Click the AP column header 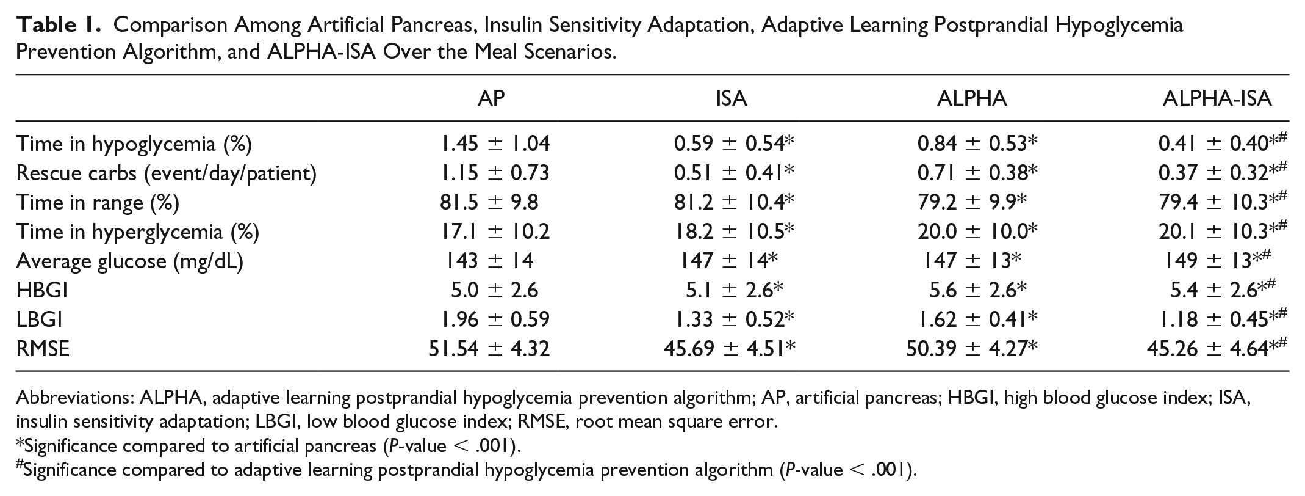coord(491,98)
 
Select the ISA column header coord(731,98)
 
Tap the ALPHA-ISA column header coord(1217,98)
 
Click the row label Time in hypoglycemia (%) coord(134,144)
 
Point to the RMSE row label coord(43,349)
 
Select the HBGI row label coord(42,290)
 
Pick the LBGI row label coord(40,319)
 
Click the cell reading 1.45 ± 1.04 coord(495,144)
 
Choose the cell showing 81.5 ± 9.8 coord(489,202)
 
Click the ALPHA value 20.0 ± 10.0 coord(977,232)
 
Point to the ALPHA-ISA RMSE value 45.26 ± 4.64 coord(1217,349)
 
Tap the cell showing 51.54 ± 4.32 coord(489,349)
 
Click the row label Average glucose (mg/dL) coord(130,261)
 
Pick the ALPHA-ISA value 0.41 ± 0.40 coord(1223,144)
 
